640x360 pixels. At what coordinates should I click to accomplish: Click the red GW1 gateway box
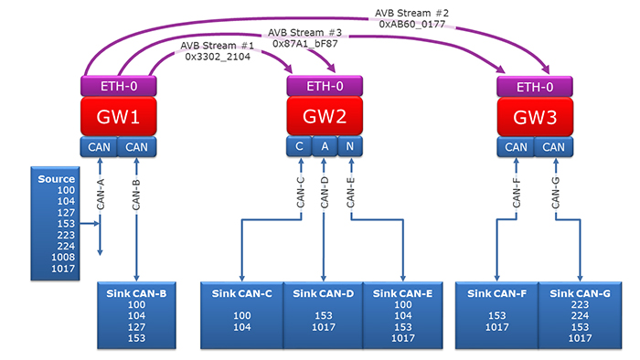(x=118, y=118)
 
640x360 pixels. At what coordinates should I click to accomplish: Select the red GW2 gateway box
(x=325, y=118)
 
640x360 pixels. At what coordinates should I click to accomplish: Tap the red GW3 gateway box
(x=534, y=118)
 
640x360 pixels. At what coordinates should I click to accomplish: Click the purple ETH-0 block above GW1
(x=118, y=87)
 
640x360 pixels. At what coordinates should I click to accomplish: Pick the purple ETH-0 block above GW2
(x=325, y=87)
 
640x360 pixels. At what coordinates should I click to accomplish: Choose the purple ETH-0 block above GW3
(x=534, y=87)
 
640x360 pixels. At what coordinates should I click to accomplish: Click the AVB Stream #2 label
(x=411, y=13)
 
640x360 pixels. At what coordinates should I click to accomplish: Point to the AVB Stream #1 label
(x=216, y=45)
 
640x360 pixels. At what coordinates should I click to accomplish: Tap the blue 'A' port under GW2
(x=324, y=146)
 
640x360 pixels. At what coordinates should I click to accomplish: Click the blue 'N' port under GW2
(x=350, y=146)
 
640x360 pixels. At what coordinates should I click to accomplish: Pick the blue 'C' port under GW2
(x=298, y=146)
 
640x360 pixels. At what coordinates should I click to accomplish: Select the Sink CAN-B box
(x=137, y=316)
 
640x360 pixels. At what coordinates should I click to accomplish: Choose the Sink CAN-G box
(x=578, y=316)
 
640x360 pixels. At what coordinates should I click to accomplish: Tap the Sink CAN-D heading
(x=321, y=292)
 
